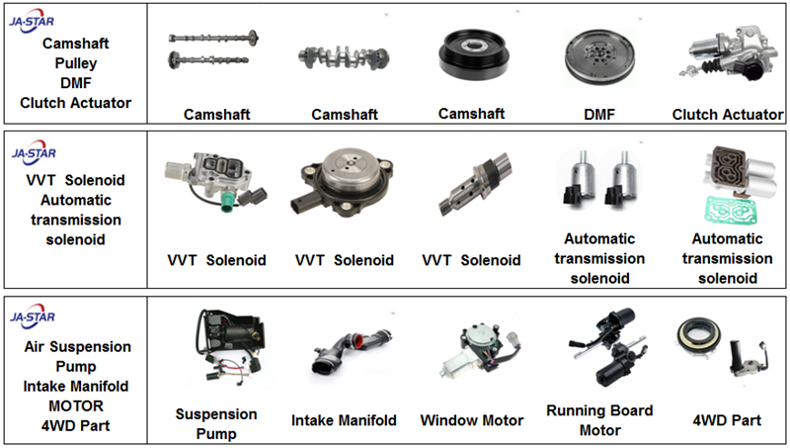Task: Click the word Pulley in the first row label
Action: (x=75, y=63)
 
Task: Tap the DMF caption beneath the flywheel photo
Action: (x=598, y=115)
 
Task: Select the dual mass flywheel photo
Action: (x=597, y=60)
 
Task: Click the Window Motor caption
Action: (x=472, y=420)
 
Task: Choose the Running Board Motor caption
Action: (x=599, y=420)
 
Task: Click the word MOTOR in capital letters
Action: (x=76, y=405)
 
